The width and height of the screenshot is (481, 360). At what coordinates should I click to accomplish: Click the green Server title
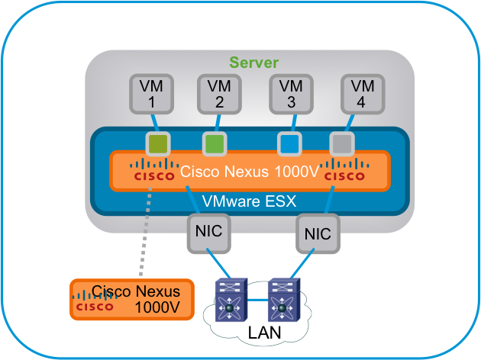click(x=254, y=63)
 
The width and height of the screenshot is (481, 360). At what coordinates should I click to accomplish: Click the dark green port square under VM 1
click(x=157, y=143)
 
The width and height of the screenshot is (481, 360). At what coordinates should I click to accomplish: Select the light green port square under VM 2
click(x=214, y=143)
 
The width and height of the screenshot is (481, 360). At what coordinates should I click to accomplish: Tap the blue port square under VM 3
click(x=288, y=143)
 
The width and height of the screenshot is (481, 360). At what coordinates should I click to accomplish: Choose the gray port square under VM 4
click(x=340, y=143)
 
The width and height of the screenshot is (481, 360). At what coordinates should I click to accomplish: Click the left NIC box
click(x=206, y=231)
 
